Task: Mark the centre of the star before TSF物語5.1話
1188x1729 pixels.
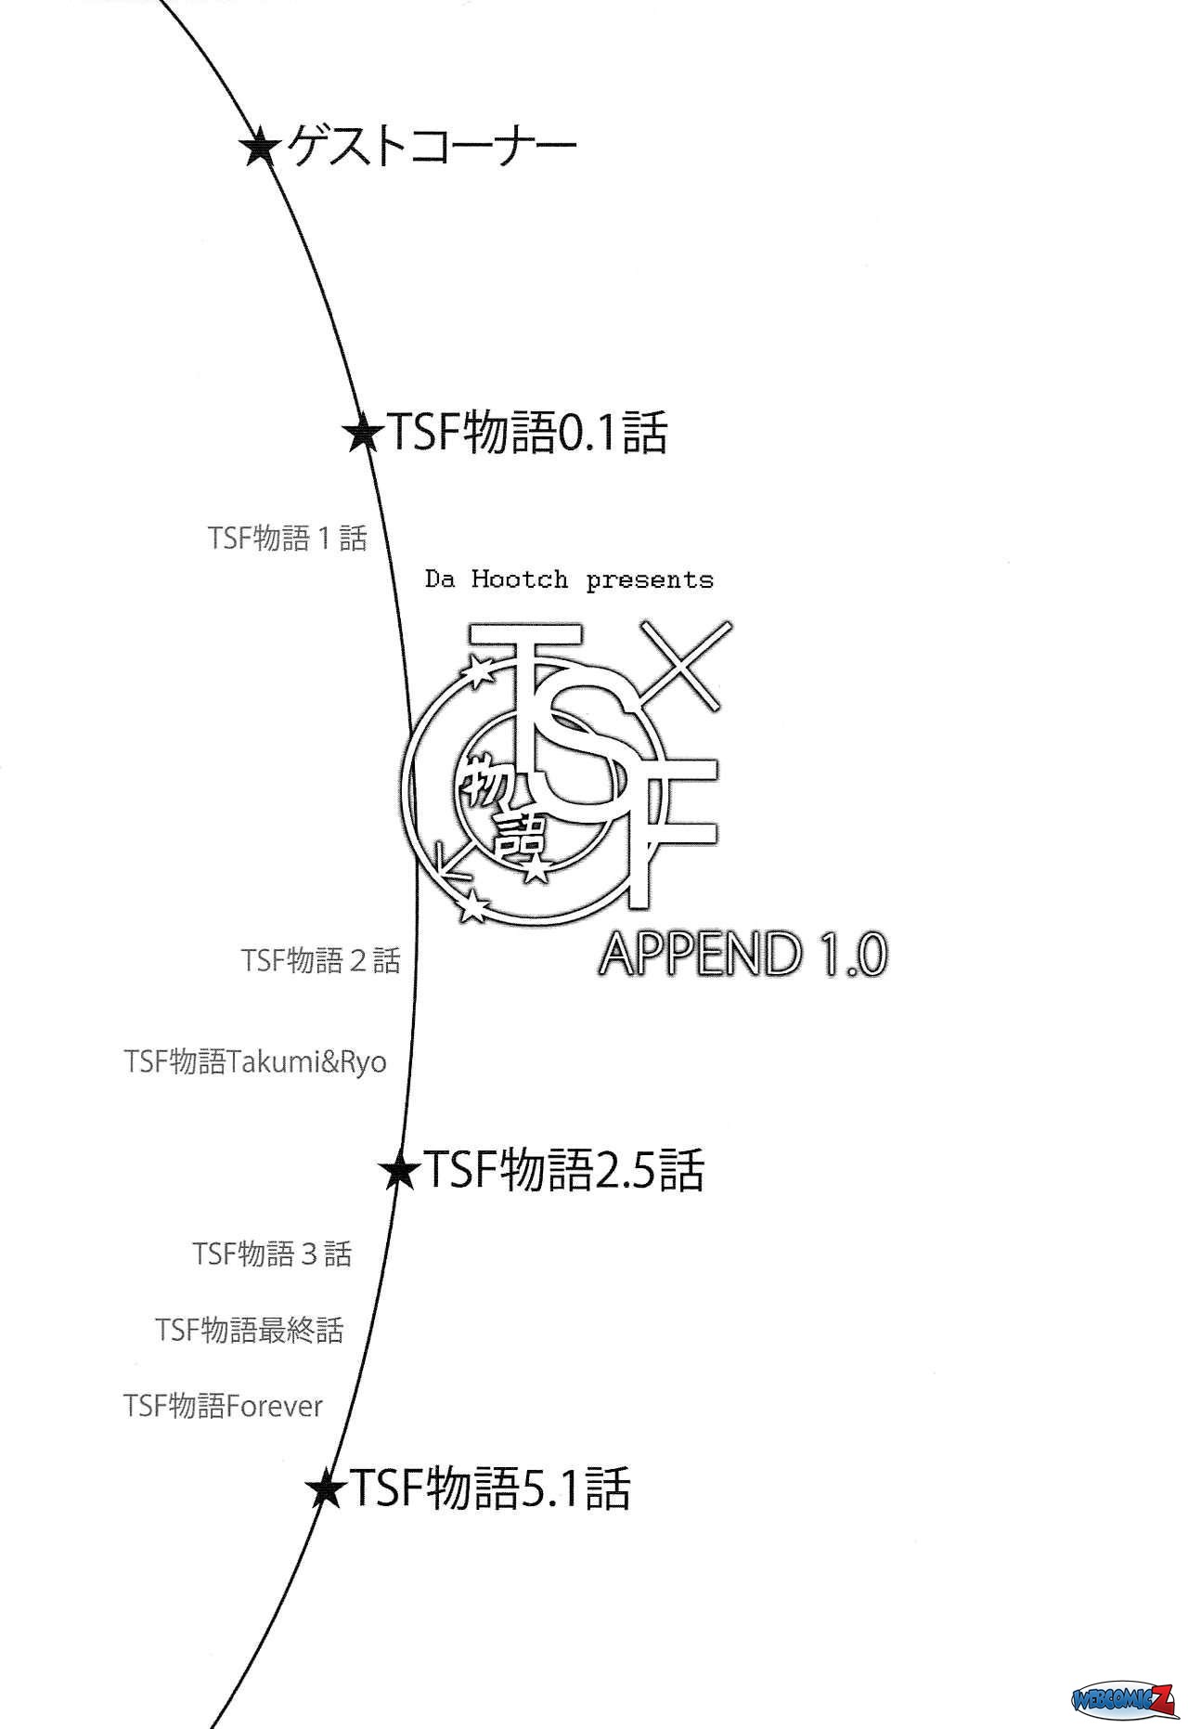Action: pos(326,1489)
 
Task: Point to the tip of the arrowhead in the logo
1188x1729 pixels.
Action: pos(440,877)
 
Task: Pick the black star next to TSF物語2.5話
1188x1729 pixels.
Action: pos(400,1171)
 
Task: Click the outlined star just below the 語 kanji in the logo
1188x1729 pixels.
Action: pos(536,871)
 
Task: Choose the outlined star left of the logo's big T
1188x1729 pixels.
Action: pos(478,670)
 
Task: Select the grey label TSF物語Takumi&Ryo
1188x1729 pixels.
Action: pos(255,1061)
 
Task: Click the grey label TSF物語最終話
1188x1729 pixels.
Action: pos(250,1330)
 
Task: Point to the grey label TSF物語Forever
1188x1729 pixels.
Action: pos(223,1406)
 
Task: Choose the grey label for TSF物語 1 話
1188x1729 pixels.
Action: pos(288,538)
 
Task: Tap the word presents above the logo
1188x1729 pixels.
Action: pos(650,581)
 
